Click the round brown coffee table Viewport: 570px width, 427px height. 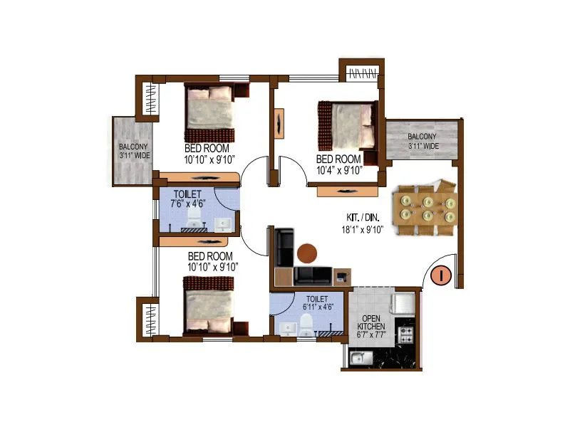307,253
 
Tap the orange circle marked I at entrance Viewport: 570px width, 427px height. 440,274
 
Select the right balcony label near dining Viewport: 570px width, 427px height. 423,141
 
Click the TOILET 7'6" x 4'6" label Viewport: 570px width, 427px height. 187,199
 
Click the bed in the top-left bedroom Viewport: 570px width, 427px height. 209,112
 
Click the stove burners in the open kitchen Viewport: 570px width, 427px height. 408,334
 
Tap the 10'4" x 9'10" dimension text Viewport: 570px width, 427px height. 340,169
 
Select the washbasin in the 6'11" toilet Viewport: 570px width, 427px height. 288,328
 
